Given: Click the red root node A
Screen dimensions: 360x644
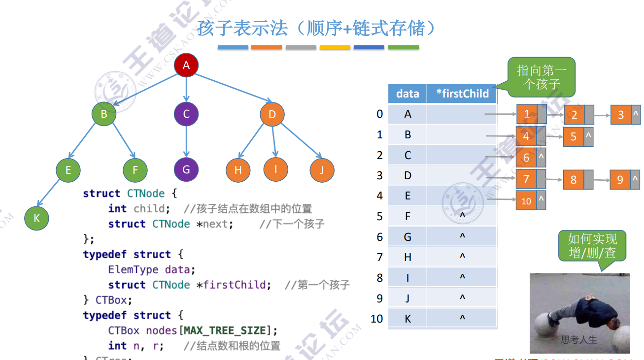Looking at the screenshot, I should pyautogui.click(x=186, y=65).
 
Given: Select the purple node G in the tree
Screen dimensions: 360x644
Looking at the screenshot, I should pyautogui.click(x=186, y=169).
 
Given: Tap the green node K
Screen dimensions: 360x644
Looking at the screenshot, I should pyautogui.click(x=36, y=218).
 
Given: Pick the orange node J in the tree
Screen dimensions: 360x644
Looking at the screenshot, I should pyautogui.click(x=322, y=170).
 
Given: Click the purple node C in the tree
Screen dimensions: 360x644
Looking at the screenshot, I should pyautogui.click(x=186, y=114).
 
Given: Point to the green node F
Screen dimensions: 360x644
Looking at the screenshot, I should pyautogui.click(x=135, y=170).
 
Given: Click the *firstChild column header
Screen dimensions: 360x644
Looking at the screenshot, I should pyautogui.click(x=462, y=94).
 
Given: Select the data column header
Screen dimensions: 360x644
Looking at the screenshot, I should pyautogui.click(x=407, y=94).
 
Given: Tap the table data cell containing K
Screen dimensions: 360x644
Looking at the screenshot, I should pyautogui.click(x=407, y=319).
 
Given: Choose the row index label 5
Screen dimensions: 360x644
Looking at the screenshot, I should pyautogui.click(x=379, y=216).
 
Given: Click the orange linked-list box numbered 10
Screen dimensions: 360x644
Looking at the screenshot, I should pyautogui.click(x=526, y=201).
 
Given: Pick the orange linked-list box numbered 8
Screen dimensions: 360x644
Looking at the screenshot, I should pyautogui.click(x=574, y=180).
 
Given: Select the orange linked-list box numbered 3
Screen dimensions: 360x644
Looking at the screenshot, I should pyautogui.click(x=621, y=115).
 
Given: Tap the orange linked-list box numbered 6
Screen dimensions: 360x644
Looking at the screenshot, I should pyautogui.click(x=526, y=158).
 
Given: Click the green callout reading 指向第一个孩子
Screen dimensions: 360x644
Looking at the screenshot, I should pyautogui.click(x=542, y=77).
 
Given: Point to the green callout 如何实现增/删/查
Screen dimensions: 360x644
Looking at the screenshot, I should pyautogui.click(x=592, y=246).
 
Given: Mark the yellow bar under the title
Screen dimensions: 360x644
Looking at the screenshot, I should pyautogui.click(x=335, y=47).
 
